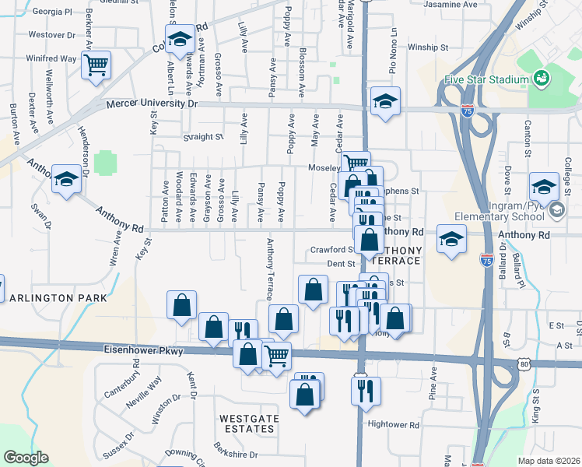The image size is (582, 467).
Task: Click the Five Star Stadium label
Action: tap(486, 79)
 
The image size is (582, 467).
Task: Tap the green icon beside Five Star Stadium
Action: tap(541, 79)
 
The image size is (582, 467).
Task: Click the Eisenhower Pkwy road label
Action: tap(144, 351)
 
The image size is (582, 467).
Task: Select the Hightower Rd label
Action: tap(394, 425)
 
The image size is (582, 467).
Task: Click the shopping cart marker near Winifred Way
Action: tap(96, 65)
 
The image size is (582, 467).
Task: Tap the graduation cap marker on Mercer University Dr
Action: tap(385, 101)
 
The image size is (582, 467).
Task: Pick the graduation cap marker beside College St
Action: tap(544, 186)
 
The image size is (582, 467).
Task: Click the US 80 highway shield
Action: tap(525, 363)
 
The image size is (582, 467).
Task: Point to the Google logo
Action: tap(26, 458)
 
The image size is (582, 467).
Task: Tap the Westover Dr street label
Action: tap(51, 35)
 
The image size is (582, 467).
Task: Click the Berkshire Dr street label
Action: tap(237, 454)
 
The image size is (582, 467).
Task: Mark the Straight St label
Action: tap(203, 136)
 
